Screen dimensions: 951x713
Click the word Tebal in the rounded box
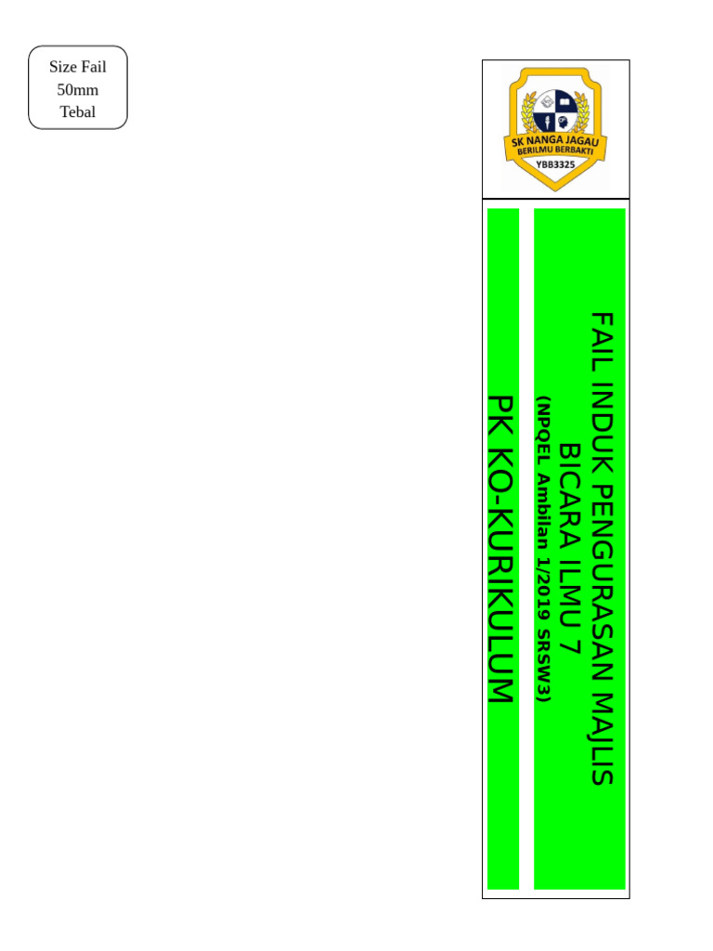coord(78,112)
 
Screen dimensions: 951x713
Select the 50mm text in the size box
coord(78,90)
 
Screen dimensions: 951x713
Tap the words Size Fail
coord(78,68)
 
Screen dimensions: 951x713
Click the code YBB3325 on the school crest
coord(555,164)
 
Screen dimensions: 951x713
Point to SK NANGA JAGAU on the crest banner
coord(555,141)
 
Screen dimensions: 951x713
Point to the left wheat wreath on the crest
coord(517,116)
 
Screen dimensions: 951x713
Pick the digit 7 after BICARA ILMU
coord(570,649)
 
